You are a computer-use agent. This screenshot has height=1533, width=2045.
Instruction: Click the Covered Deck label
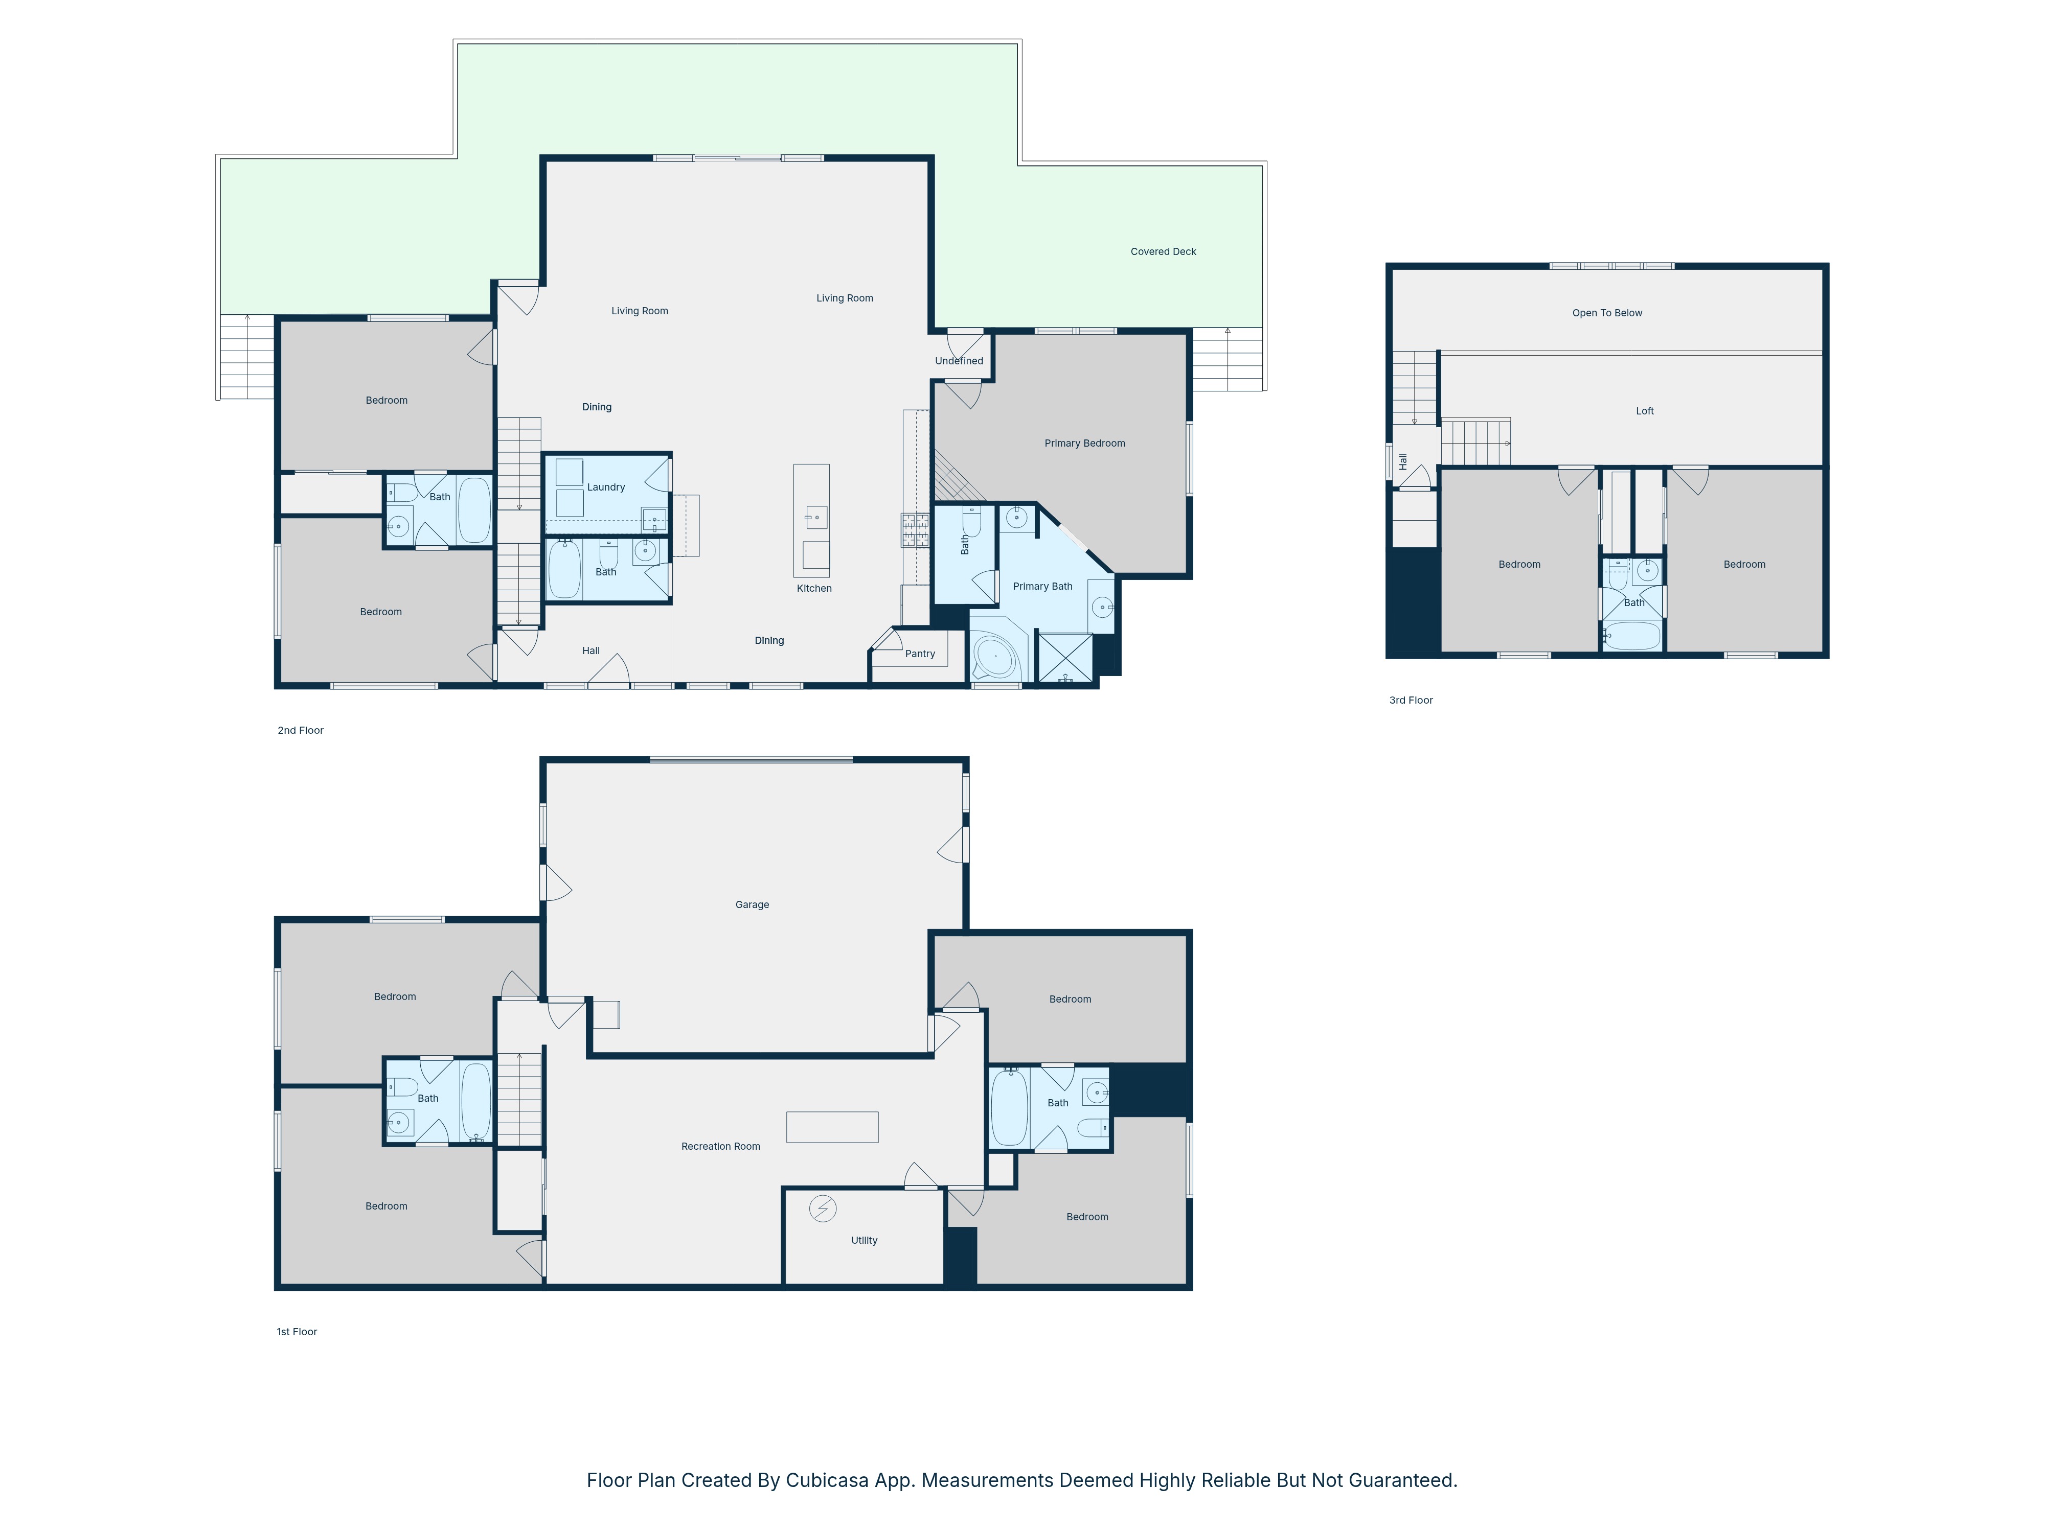1163,251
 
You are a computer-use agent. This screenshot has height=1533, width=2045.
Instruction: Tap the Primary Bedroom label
1084,444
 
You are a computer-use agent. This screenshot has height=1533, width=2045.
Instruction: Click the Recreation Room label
720,1147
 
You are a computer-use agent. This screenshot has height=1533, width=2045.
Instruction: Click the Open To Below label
1607,313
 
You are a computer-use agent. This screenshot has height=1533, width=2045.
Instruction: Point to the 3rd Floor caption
1411,701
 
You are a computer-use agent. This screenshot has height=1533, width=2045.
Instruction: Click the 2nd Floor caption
301,731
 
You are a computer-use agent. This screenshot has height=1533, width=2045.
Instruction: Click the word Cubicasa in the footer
827,1480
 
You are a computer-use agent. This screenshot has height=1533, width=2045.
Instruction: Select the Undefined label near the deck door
959,361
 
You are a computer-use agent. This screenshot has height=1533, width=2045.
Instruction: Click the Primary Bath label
1042,587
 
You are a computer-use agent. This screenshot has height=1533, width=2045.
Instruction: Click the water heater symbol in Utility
823,1209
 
